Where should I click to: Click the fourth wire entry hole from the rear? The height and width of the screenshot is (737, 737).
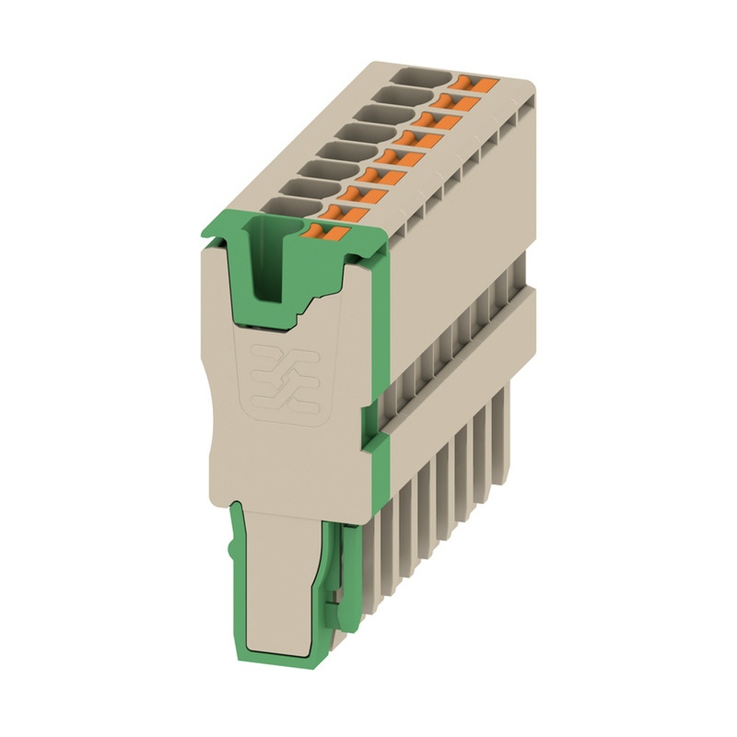point(361,133)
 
